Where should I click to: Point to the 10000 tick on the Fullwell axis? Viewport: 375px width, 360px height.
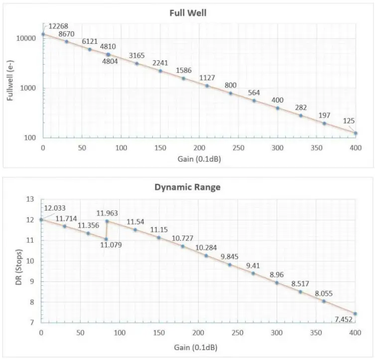26,39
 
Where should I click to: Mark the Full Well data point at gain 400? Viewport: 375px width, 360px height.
356,133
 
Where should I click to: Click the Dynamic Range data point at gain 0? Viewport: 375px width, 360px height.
41,220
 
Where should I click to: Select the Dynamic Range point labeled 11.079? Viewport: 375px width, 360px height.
106,239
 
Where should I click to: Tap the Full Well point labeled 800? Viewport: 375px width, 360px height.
231,93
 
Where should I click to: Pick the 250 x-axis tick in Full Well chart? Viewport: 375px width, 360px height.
238,148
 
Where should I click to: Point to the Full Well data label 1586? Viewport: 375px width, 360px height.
184,71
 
